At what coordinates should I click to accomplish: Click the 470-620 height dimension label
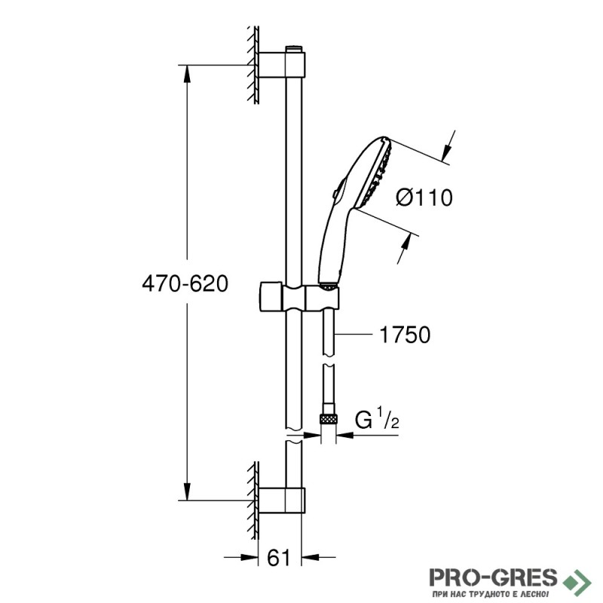point(185,284)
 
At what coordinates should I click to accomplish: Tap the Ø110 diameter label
point(424,198)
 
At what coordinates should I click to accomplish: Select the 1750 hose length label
point(405,335)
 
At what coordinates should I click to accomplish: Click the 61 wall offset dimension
point(278,557)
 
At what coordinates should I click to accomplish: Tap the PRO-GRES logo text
point(494,577)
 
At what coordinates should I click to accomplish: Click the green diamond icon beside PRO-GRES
point(576,578)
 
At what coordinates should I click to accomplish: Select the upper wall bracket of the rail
point(282,65)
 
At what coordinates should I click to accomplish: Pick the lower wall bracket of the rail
point(282,500)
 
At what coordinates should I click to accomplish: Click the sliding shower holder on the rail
point(299,297)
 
